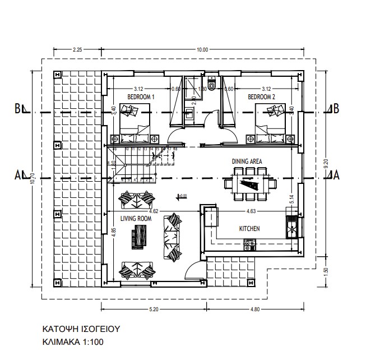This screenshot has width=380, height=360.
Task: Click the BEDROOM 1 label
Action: (141, 96)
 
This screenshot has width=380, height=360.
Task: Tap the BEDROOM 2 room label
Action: (262, 96)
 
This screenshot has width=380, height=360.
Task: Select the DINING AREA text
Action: (247, 161)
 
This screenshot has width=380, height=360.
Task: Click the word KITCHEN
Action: (249, 229)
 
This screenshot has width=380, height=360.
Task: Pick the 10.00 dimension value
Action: (202, 50)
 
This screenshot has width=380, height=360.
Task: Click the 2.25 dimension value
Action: (78, 50)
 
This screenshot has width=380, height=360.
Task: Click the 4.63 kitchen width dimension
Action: (250, 211)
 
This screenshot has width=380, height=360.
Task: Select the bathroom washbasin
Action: (190, 114)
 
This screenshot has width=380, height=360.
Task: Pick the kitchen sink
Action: (292, 227)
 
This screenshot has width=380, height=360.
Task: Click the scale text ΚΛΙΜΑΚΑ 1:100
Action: (73, 341)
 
